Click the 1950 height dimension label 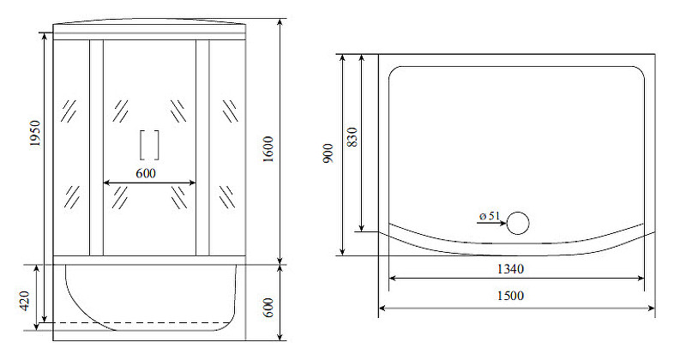click(x=35, y=134)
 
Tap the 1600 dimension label click(x=268, y=149)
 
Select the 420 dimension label click(x=25, y=301)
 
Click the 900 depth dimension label click(x=328, y=153)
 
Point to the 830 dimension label click(x=352, y=137)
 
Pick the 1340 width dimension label click(x=510, y=268)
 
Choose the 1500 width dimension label click(x=510, y=296)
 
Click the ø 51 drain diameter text click(x=489, y=216)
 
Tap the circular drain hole click(x=518, y=223)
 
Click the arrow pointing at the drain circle click(x=491, y=223)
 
